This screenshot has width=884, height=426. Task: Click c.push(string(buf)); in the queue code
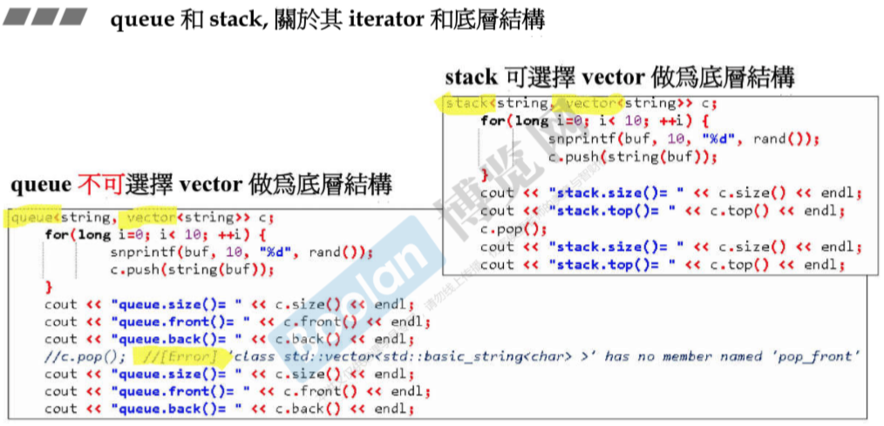coord(192,269)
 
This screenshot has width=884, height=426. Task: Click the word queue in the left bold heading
coord(39,185)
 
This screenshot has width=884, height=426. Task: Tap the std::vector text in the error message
coord(318,356)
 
